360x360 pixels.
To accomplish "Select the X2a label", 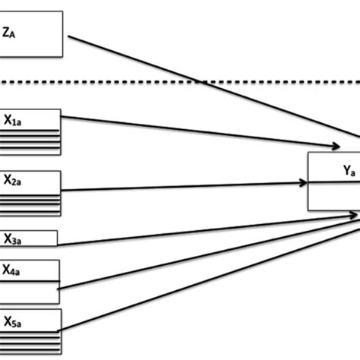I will point(13,181).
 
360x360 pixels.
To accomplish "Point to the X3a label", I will point(13,218).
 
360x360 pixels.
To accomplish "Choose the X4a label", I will point(12,269).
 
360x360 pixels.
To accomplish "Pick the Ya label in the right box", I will point(349,172).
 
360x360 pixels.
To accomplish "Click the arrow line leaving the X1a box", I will point(190,130).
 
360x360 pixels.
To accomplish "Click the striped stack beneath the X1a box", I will point(30,141).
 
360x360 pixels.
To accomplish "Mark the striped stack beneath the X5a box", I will point(30,337).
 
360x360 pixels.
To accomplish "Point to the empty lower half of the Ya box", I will point(334,197).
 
